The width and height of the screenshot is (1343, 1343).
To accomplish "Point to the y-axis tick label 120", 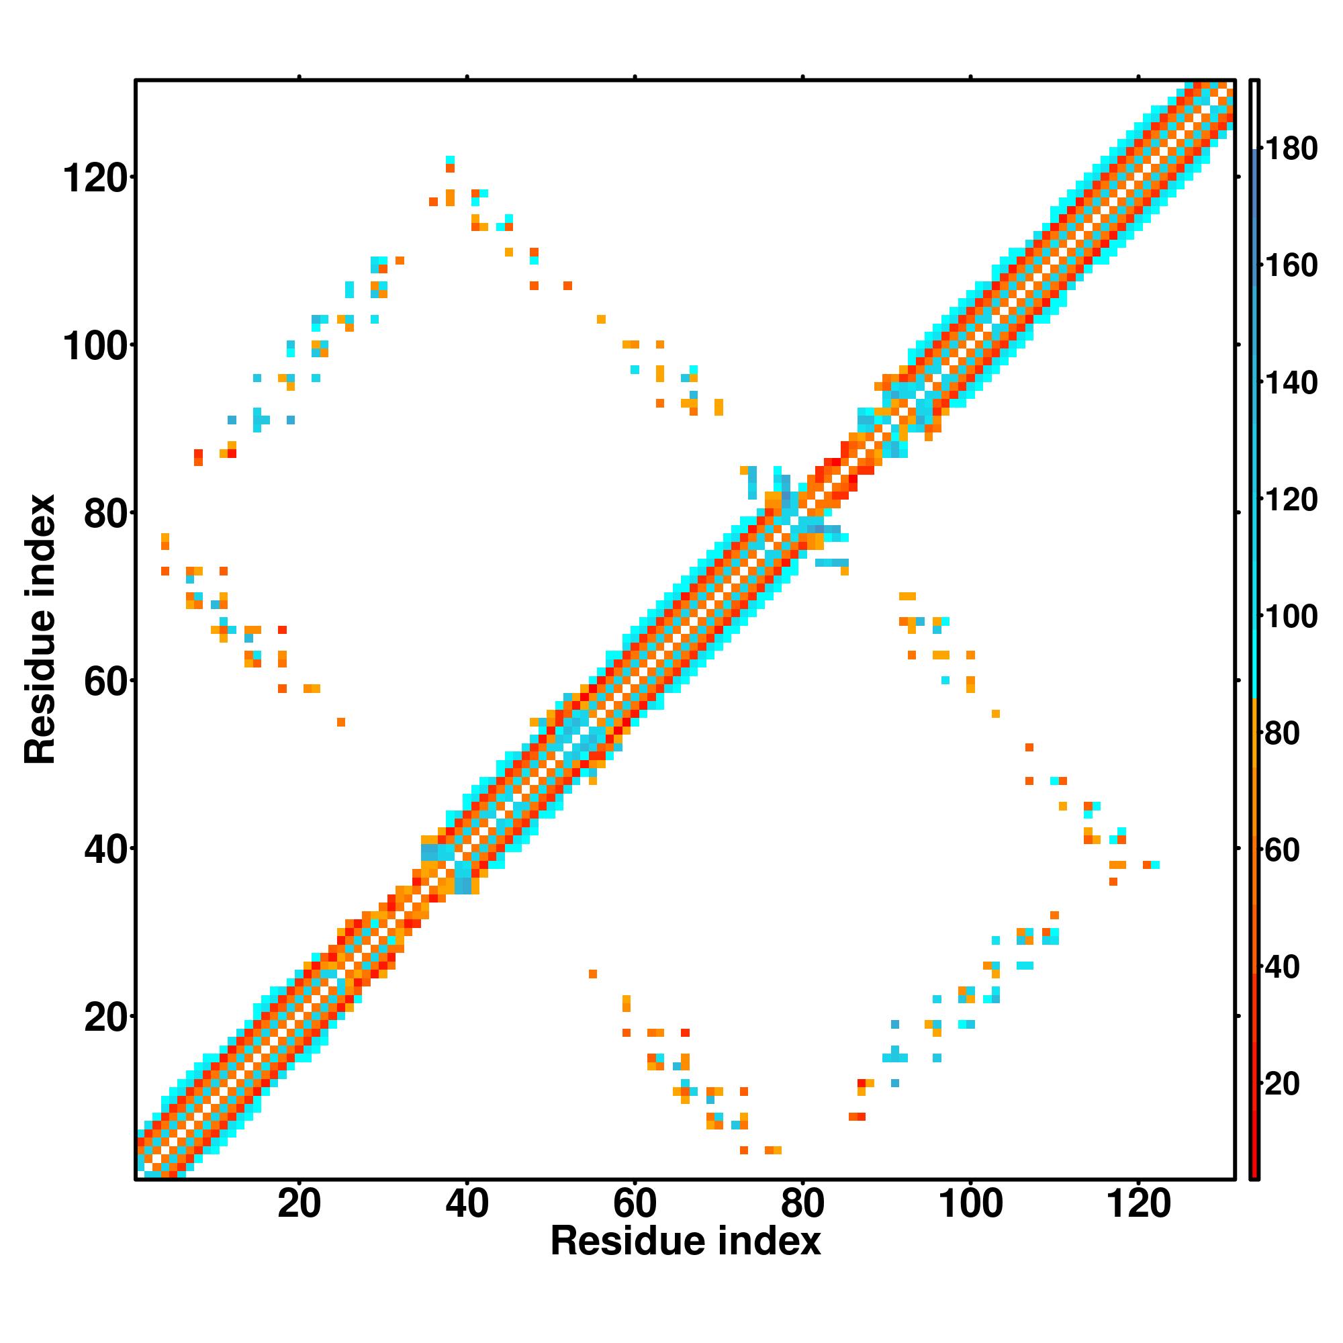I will coord(95,179).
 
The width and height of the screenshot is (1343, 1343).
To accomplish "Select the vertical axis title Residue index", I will coord(40,629).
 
